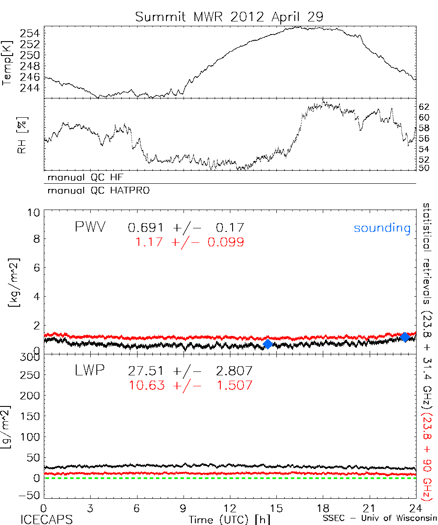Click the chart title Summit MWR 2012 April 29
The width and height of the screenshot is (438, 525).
pyautogui.click(x=230, y=17)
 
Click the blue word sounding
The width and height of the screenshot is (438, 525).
pyautogui.click(x=382, y=228)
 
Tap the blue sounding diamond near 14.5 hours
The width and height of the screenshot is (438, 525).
pyautogui.click(x=268, y=344)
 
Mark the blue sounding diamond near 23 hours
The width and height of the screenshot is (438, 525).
pyautogui.click(x=405, y=337)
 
